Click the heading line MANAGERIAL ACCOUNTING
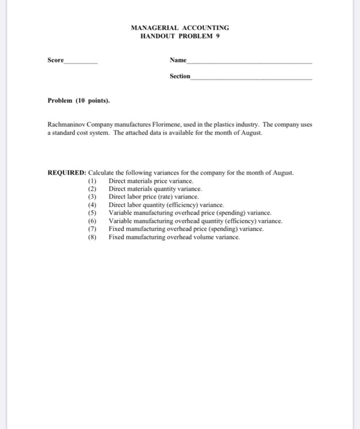[x=180, y=28]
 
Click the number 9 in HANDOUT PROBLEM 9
[x=218, y=36]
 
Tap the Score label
[x=55, y=60]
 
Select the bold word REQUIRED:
[x=67, y=173]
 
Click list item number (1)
[x=93, y=181]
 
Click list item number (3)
[x=93, y=197]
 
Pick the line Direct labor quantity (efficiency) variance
[x=166, y=205]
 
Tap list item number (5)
[x=93, y=213]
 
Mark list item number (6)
[x=93, y=221]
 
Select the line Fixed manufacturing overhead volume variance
[x=174, y=236]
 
